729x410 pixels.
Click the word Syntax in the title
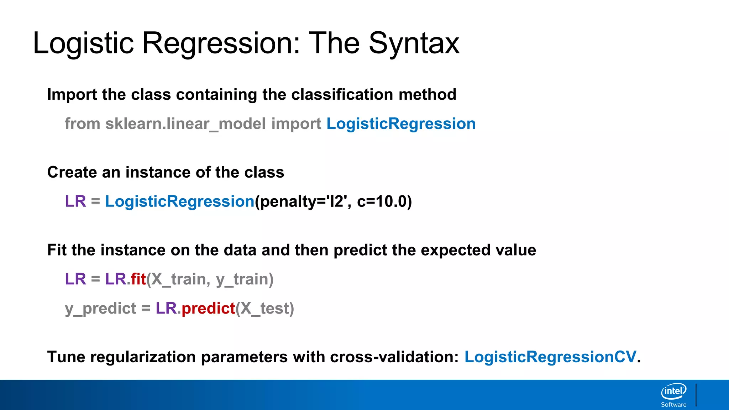(x=414, y=43)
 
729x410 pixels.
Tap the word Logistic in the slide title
(x=83, y=43)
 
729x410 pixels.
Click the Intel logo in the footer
(x=673, y=391)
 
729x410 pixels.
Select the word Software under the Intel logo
(x=673, y=405)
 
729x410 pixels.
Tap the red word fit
(x=138, y=279)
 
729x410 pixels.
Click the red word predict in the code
(x=208, y=309)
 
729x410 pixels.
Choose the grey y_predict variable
(x=100, y=309)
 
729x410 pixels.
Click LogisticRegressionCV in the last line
(x=550, y=357)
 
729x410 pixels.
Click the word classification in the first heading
(x=342, y=95)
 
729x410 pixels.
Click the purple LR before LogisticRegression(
(x=75, y=202)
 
